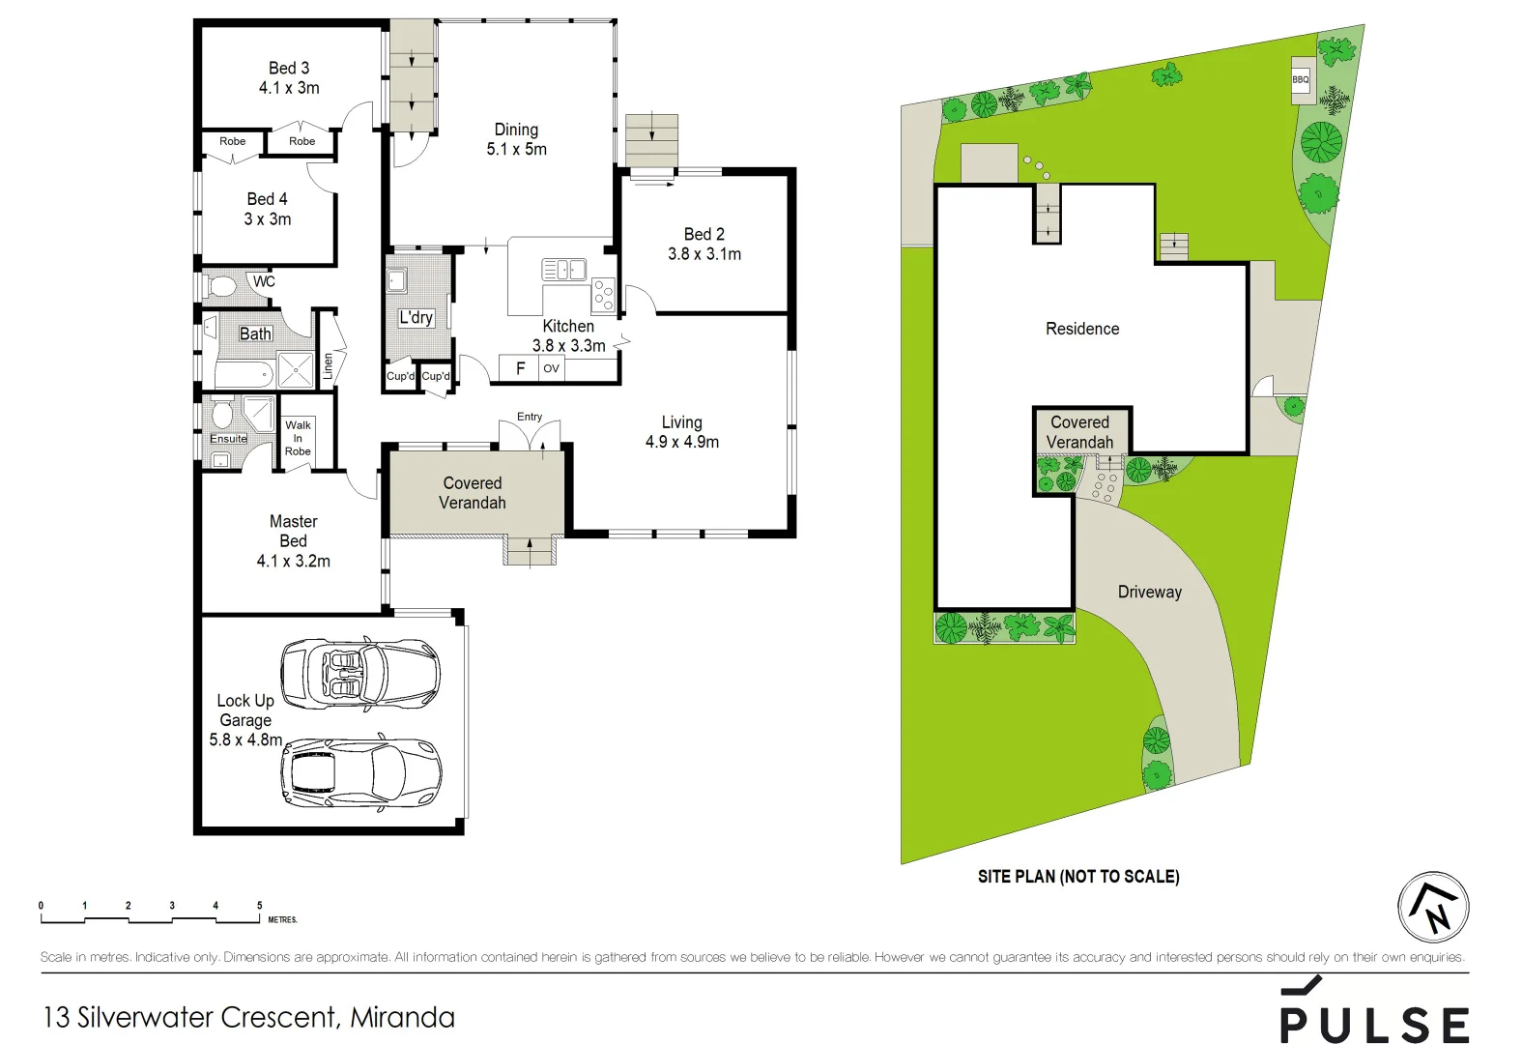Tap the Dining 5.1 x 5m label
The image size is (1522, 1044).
pyautogui.click(x=516, y=139)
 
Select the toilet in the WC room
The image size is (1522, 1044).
pyautogui.click(x=221, y=286)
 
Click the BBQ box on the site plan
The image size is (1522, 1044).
pyautogui.click(x=1301, y=79)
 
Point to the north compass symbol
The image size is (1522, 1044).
pyautogui.click(x=1433, y=908)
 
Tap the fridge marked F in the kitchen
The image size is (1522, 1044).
pyautogui.click(x=520, y=368)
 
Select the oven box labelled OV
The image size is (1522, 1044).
pyautogui.click(x=551, y=368)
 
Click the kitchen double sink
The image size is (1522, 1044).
pyautogui.click(x=563, y=270)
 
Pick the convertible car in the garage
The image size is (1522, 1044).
pyautogui.click(x=359, y=672)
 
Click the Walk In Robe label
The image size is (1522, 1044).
pyautogui.click(x=298, y=438)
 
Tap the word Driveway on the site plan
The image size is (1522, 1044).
pyautogui.click(x=1149, y=592)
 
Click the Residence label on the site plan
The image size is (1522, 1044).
pyautogui.click(x=1082, y=329)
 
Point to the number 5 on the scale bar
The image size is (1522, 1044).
pyautogui.click(x=259, y=906)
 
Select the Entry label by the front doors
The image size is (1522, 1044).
pyautogui.click(x=530, y=417)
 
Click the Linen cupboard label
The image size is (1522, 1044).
pyautogui.click(x=328, y=365)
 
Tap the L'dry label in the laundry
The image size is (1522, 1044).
pyautogui.click(x=416, y=317)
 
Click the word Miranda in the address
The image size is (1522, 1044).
pyautogui.click(x=402, y=1017)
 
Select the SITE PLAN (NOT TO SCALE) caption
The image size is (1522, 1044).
pyautogui.click(x=1078, y=877)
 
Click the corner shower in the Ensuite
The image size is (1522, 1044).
pyautogui.click(x=258, y=412)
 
